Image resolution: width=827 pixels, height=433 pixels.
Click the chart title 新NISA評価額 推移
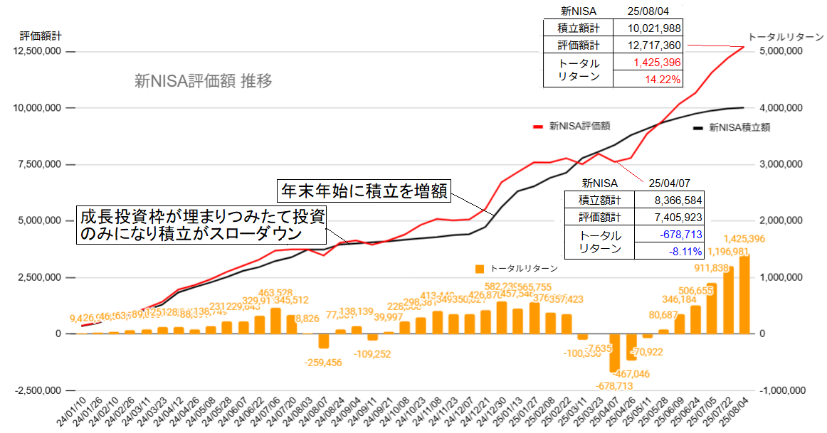204,81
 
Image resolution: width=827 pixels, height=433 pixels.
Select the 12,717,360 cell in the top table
649,46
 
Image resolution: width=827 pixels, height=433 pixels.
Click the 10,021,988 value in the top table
649,28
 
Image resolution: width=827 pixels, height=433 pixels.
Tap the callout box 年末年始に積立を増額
364,191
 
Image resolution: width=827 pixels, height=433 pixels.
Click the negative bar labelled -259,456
324,341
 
